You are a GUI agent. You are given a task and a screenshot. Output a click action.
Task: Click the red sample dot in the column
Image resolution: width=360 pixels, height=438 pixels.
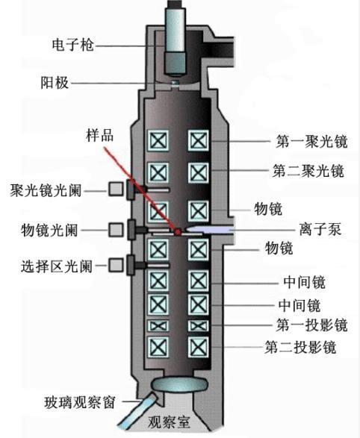click(178, 232)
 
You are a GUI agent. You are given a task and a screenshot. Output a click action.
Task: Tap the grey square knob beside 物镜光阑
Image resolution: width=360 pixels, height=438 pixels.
click(115, 228)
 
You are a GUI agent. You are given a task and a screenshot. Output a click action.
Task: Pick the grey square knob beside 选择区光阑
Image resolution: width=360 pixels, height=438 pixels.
click(115, 264)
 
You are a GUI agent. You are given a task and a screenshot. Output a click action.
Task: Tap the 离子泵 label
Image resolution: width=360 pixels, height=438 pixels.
click(320, 229)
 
